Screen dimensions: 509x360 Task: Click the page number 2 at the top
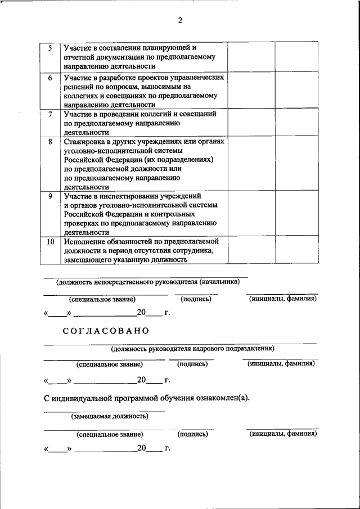pyautogui.click(x=180, y=21)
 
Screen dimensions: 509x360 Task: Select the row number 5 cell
pyautogui.click(x=50, y=48)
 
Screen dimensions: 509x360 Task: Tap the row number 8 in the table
pyautogui.click(x=50, y=142)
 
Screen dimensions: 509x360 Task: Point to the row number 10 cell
pyautogui.click(x=50, y=241)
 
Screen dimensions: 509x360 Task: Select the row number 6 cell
pyautogui.click(x=50, y=78)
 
